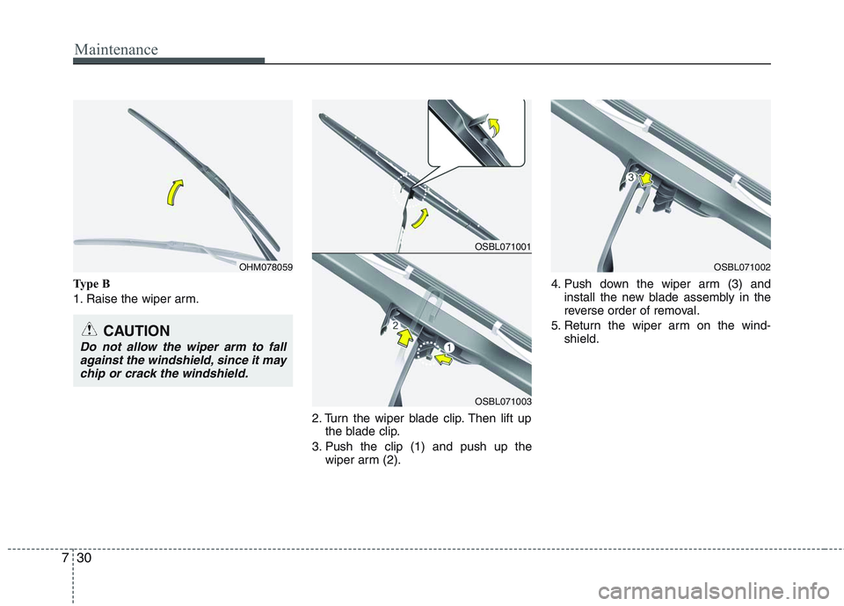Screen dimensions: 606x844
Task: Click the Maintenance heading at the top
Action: point(115,49)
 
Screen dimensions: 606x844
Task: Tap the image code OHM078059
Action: point(265,266)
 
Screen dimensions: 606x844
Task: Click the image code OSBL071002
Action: point(742,266)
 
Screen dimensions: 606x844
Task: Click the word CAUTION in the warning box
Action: point(136,332)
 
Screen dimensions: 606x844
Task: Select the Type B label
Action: point(92,285)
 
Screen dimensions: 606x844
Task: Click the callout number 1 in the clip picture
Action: point(447,349)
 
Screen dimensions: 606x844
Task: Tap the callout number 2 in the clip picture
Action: point(396,325)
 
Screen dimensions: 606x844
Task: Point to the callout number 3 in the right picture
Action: point(630,178)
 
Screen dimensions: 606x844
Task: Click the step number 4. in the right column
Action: point(557,284)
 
